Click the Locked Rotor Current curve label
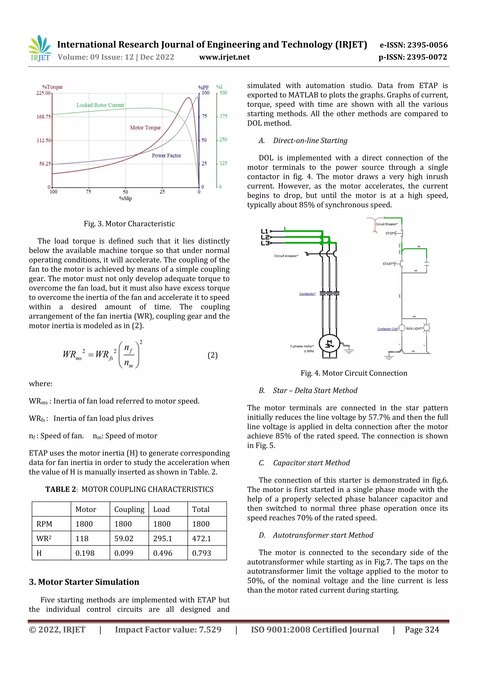[x=100, y=105]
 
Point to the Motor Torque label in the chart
[x=145, y=128]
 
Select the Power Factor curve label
[x=166, y=156]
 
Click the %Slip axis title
[x=126, y=198]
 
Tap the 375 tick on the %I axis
[x=223, y=116]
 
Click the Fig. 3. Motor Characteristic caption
[x=129, y=224]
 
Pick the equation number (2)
[x=212, y=355]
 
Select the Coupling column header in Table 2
[x=129, y=509]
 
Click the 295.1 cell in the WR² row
[x=163, y=538]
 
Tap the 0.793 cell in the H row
[x=202, y=553]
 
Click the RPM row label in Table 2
[x=44, y=524]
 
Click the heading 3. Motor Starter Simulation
[x=84, y=582]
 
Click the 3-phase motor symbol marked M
[x=330, y=344]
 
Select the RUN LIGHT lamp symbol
[x=427, y=328]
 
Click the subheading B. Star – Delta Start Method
[x=308, y=390]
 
